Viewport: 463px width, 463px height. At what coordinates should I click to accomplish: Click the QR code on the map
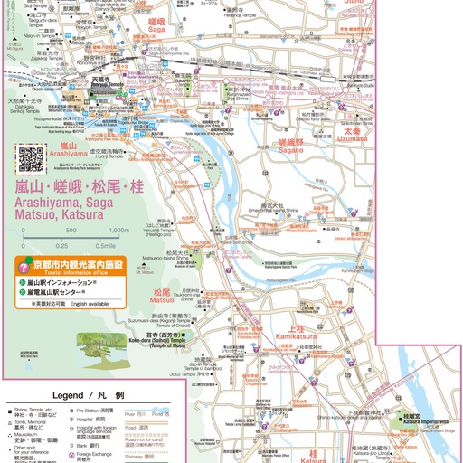pos(32,159)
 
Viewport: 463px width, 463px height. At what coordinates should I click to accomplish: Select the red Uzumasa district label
pos(354,135)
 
